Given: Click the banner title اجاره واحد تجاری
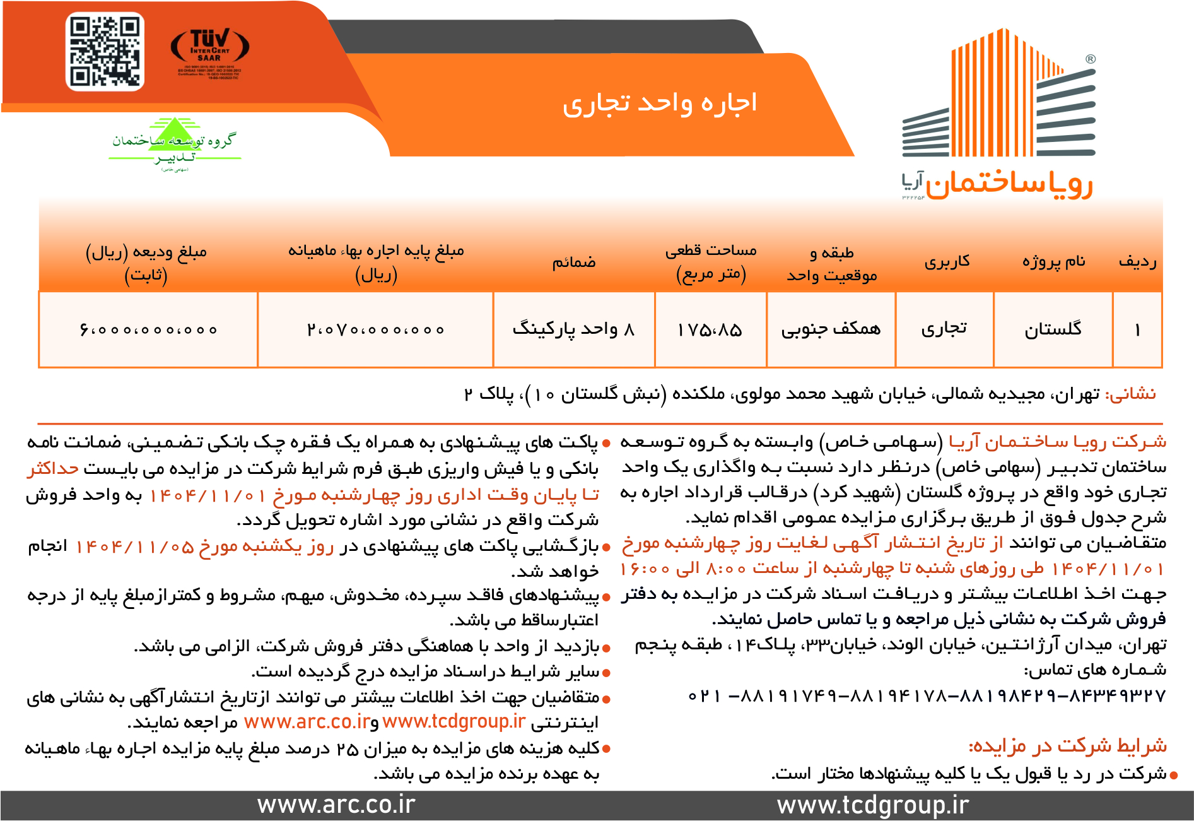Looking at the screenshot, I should pos(660,103).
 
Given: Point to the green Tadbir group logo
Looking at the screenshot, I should pos(173,144).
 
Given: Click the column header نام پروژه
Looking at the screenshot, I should pos(1053,261).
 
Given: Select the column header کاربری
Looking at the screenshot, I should pos(947,262).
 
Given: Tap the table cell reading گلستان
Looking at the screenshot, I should pos(1053,329).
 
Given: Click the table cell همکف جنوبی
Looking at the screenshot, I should pos(831,329).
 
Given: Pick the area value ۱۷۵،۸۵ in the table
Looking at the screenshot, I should pos(710,329).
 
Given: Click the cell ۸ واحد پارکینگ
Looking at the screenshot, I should pos(573,329).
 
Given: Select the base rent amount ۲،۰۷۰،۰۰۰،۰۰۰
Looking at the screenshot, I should pos(375,329).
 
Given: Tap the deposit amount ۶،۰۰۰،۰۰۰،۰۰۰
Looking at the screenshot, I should pos(148,329).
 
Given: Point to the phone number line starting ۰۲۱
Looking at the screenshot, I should pos(927,695).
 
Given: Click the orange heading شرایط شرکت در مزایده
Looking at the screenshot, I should pos(1067,746).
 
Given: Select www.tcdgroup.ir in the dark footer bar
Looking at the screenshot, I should pos(872,805).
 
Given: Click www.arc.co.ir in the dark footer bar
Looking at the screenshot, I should pos(336,805).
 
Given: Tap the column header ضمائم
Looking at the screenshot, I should pos(574,262).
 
